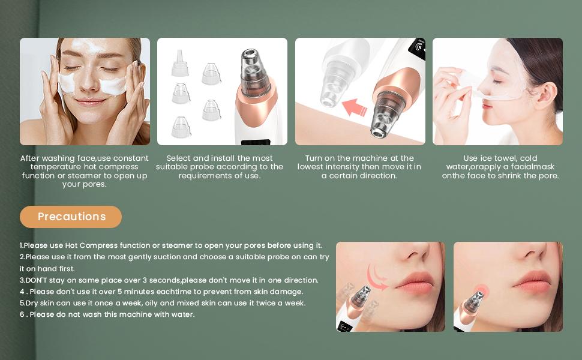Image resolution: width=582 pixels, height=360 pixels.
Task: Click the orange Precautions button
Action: pos(71,217)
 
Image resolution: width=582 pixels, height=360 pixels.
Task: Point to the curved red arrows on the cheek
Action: pos(377,277)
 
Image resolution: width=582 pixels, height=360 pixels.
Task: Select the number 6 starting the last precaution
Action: pos(22,314)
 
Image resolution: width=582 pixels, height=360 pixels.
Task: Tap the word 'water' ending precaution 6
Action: pos(182,314)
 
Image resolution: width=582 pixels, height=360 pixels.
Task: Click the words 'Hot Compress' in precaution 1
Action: pos(91,245)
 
